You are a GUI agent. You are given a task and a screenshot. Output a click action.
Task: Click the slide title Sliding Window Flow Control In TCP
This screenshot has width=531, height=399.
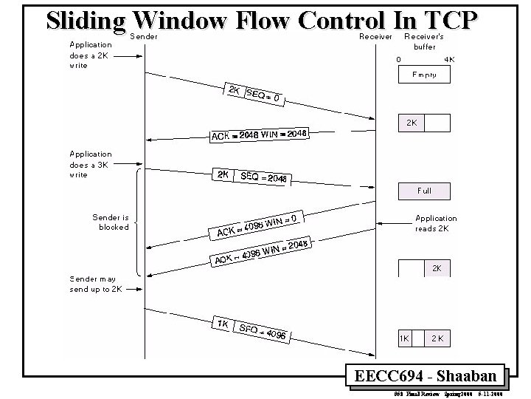pyautogui.click(x=263, y=20)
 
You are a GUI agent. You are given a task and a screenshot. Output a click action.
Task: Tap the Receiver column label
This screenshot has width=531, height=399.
pyautogui.click(x=375, y=35)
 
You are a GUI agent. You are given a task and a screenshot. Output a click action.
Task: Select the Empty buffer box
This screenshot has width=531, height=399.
pyautogui.click(x=424, y=75)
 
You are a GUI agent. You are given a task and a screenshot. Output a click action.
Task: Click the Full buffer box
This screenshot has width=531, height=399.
pyautogui.click(x=424, y=191)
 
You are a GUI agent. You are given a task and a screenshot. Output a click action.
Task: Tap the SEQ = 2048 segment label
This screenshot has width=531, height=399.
pyautogui.click(x=263, y=177)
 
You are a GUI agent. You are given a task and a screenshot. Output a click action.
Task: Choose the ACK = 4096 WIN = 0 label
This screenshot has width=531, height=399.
pyautogui.click(x=257, y=225)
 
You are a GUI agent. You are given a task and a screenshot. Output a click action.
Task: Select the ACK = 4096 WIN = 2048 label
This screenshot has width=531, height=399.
pyautogui.click(x=260, y=253)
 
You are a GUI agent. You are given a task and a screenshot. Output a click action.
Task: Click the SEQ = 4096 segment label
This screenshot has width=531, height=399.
pyautogui.click(x=262, y=331)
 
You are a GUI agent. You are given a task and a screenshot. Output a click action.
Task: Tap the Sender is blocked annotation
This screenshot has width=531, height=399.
pyautogui.click(x=111, y=222)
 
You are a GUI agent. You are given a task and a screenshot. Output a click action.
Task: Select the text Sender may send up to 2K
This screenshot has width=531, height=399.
pyautogui.click(x=95, y=284)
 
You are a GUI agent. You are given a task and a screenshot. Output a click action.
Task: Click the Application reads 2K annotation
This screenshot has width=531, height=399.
pyautogui.click(x=436, y=223)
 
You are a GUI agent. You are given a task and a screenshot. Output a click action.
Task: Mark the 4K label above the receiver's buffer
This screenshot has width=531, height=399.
pyautogui.click(x=449, y=59)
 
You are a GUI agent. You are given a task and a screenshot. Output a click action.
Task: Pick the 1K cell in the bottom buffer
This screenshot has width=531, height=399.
pyautogui.click(x=404, y=338)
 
